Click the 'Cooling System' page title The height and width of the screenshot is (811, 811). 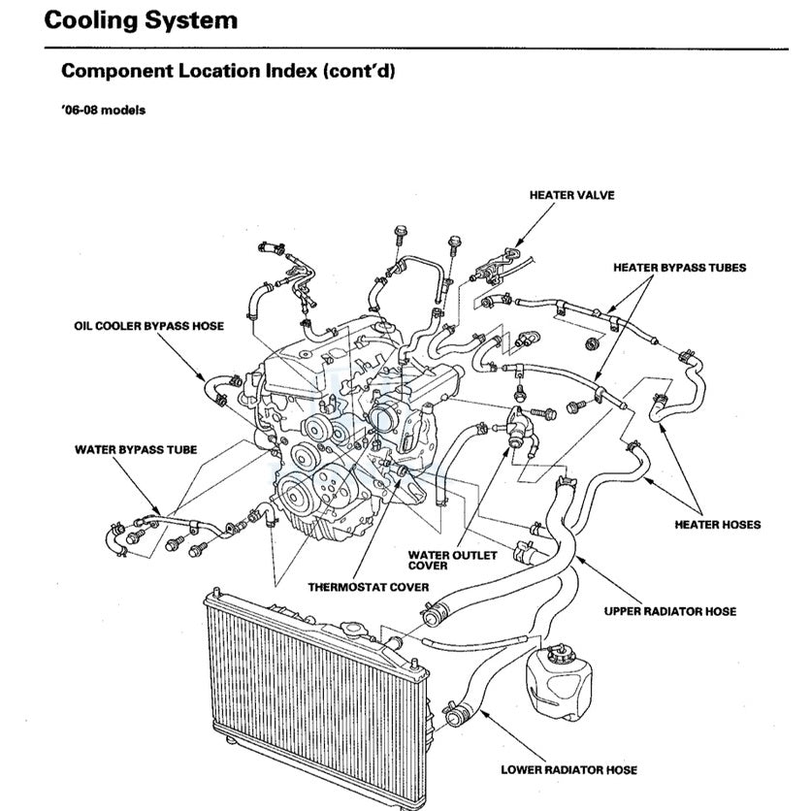click(x=141, y=19)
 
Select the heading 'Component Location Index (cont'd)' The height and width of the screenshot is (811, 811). click(x=227, y=72)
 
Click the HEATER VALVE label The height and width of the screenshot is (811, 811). click(x=571, y=195)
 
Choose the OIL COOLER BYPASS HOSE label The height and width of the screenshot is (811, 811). click(x=149, y=326)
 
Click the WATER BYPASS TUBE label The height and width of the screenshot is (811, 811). click(x=136, y=450)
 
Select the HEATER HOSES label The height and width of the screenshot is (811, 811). click(x=717, y=525)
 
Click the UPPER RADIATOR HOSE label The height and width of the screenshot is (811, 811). click(x=669, y=611)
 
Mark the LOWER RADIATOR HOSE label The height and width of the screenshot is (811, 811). click(x=568, y=770)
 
